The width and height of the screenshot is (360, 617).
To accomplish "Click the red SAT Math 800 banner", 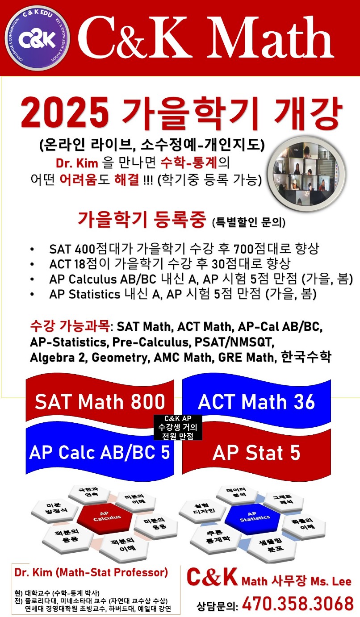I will tap(100, 402).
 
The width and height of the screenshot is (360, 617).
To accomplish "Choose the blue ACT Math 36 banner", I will tap(256, 402).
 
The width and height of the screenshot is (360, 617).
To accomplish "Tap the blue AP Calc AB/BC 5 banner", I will tap(100, 452).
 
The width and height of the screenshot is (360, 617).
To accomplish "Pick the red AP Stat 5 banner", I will tap(256, 453).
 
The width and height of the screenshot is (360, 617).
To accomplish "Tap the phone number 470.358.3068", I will tap(298, 603).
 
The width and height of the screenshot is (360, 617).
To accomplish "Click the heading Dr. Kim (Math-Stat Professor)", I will tap(91, 572).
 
